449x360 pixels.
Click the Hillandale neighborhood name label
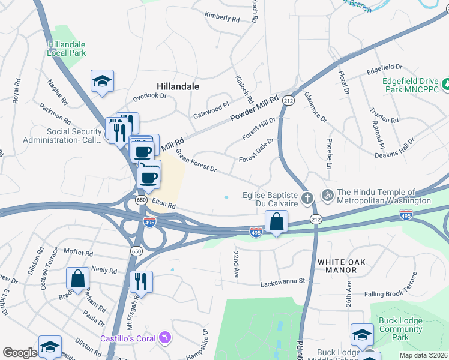pos(178,86)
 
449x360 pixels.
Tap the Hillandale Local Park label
pos(67,49)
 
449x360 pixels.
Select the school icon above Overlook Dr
pos(103,82)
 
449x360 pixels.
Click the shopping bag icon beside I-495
pos(276,221)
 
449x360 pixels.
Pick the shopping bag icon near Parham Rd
pos(78,278)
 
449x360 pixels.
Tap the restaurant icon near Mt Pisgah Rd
pos(141,281)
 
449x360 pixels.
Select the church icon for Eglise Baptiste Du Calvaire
pos(307,197)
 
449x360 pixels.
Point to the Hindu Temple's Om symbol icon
pos(328,195)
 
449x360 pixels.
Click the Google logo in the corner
pos(19,353)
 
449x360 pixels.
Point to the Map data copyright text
pos(423,355)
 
